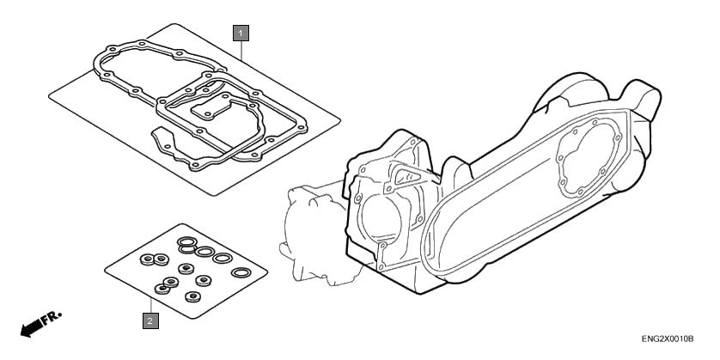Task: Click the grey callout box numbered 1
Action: coord(241,33)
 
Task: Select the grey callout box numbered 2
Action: coord(150,320)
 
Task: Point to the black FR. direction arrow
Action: coord(31,328)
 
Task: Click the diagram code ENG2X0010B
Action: coord(668,339)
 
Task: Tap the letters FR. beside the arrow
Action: coord(52,317)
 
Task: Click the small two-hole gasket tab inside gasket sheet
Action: coord(211,109)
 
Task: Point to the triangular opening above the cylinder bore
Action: coord(405,177)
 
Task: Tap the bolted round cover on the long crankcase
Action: coord(589,157)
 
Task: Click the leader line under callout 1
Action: coord(241,51)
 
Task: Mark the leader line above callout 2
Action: coord(150,305)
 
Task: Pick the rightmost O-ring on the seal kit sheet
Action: coord(241,272)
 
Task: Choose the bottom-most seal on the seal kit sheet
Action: coord(192,296)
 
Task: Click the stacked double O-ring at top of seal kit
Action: coord(187,244)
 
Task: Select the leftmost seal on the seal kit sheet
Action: coord(147,259)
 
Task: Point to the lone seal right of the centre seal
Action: coord(204,280)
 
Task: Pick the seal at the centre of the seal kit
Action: coord(186,269)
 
